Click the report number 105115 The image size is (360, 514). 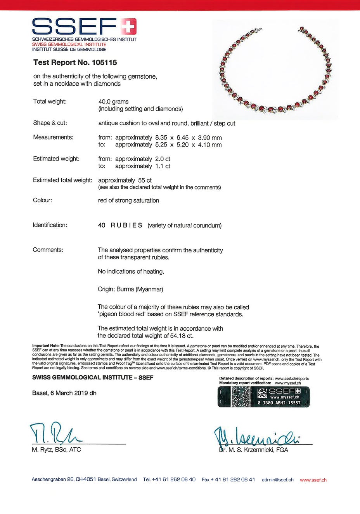104,62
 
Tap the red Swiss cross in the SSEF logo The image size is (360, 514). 128,27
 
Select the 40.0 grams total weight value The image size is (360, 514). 113,102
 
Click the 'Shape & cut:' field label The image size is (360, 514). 50,123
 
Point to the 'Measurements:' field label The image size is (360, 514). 53,137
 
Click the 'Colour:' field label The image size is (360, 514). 42,200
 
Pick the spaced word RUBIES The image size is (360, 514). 126,225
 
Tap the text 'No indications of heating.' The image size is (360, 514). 131,271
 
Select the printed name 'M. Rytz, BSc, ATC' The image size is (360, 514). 56,450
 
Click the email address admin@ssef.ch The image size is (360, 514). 277,480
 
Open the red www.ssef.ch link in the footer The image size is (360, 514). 313,480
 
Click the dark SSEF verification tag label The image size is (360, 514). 263,397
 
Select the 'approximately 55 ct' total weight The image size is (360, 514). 125,180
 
